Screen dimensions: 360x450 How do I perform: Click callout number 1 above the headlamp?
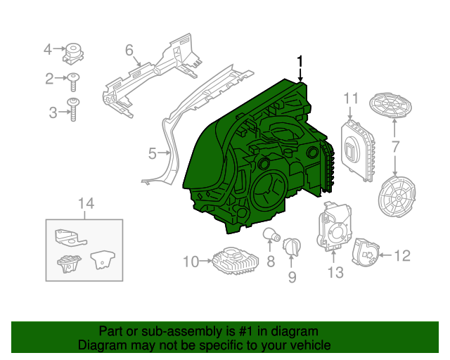(x=300, y=62)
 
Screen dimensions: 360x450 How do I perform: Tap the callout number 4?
(x=48, y=49)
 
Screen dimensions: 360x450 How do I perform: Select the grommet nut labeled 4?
(x=73, y=51)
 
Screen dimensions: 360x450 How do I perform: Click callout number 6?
(x=129, y=50)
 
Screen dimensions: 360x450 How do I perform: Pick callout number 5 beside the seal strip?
(x=152, y=152)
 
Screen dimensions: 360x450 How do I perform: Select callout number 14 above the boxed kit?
(x=85, y=205)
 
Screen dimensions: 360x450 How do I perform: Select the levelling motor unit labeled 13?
(x=333, y=228)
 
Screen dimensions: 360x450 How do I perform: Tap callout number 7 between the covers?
(x=395, y=147)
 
